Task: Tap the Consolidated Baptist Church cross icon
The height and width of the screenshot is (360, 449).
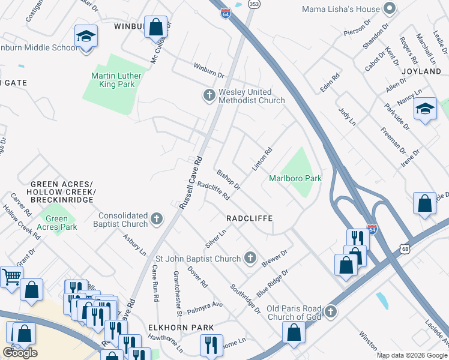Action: click(157, 218)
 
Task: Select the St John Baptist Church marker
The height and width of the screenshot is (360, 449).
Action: click(250, 259)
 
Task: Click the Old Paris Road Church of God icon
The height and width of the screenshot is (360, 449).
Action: click(330, 311)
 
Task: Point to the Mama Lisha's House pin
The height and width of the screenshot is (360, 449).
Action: click(390, 8)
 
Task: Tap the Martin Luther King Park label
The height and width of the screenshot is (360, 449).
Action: click(113, 80)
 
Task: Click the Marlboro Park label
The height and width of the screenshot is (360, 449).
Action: click(295, 178)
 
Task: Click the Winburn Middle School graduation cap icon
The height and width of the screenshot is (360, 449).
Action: click(86, 37)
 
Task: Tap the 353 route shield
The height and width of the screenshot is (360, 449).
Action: click(254, 4)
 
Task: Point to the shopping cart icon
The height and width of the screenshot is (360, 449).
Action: click(11, 277)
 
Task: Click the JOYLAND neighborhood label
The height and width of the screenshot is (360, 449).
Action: click(424, 71)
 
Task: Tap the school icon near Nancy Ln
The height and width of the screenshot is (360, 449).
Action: click(425, 109)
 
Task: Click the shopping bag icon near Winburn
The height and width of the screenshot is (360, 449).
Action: click(155, 27)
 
